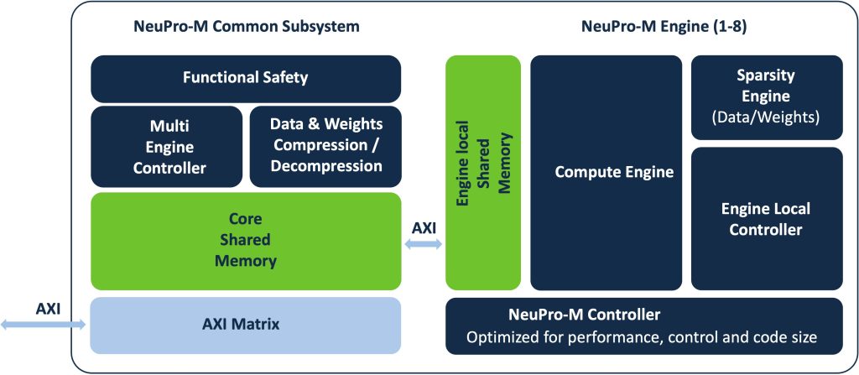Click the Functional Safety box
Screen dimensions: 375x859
245,79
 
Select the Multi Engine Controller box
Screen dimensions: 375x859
166,146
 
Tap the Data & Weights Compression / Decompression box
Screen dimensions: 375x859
325,146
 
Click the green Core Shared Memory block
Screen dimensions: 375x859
245,241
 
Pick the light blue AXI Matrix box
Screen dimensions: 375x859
245,323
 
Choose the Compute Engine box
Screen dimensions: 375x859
606,173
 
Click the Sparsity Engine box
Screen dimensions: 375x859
766,97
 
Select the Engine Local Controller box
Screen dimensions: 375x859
766,218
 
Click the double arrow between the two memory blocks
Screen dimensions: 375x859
424,244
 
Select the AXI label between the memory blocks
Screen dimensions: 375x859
424,227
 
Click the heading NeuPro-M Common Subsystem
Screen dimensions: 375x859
246,27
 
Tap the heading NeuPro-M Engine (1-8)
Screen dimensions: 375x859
664,27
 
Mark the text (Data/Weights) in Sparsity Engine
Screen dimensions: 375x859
766,117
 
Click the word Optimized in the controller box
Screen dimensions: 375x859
501,339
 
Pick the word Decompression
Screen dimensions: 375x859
325,166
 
